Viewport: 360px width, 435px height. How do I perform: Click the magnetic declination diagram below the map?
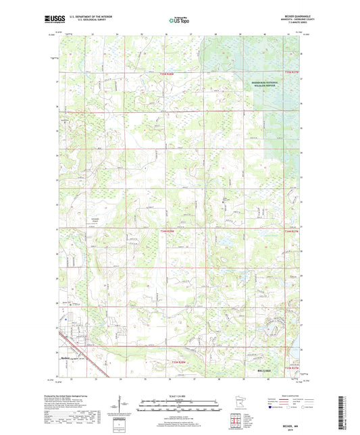point(126,407)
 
